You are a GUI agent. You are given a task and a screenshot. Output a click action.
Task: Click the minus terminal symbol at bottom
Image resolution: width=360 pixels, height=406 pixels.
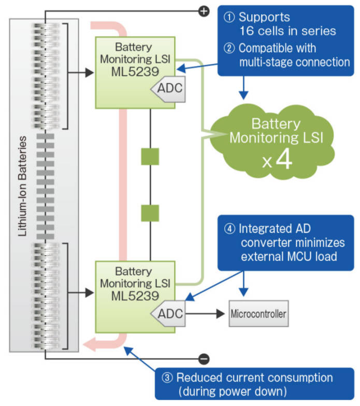click(x=204, y=358)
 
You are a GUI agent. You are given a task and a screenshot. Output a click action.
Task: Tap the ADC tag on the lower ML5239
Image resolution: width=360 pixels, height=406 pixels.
click(x=169, y=313)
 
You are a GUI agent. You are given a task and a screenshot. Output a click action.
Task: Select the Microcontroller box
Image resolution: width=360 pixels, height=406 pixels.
click(x=257, y=314)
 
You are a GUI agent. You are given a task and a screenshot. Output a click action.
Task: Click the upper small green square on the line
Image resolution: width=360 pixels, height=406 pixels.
click(x=150, y=157)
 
